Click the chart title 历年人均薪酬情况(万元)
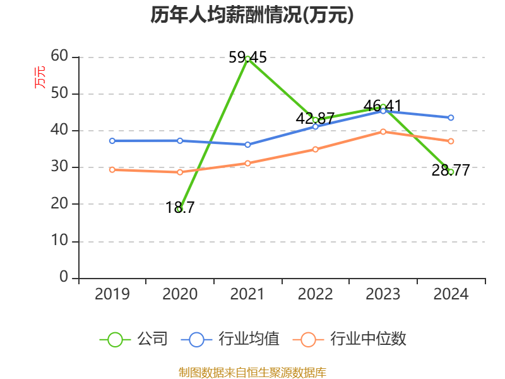pos(252,15)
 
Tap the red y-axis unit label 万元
pos(40,77)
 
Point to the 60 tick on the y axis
pos(59,56)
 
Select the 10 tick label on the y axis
pos(59,241)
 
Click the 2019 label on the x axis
pos(112,294)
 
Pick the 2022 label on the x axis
pos(315,294)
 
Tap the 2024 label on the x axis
pos(451,294)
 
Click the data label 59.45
pos(247,57)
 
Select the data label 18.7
pos(180,207)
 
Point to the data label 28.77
pos(451,170)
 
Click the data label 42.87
pos(315,118)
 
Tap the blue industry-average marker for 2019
pos(112,141)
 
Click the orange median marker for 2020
pos(180,172)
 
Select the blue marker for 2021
pos(247,145)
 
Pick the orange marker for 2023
pos(383,131)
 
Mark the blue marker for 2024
pos(451,117)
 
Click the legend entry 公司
pos(134,339)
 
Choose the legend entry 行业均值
pos(230,339)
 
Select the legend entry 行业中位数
pos(350,339)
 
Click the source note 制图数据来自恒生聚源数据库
pos(252,373)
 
